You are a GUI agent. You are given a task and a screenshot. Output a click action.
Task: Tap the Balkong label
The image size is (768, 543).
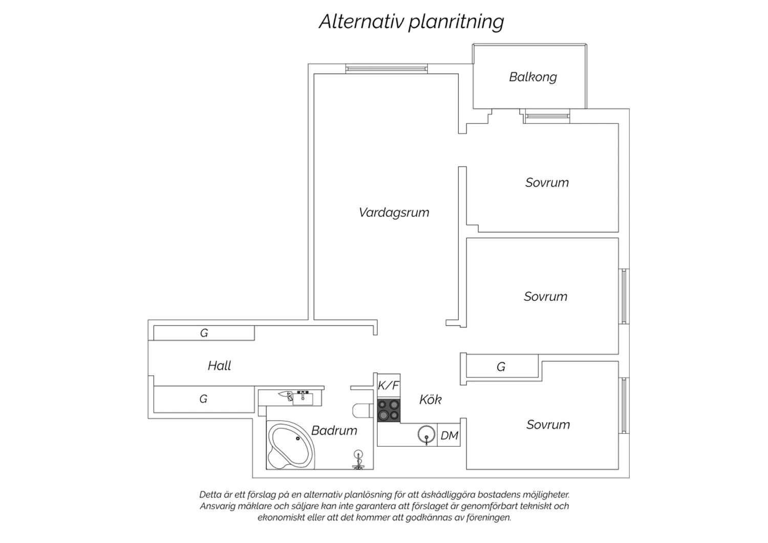coord(533,77)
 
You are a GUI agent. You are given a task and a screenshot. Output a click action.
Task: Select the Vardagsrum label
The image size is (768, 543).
coord(394,213)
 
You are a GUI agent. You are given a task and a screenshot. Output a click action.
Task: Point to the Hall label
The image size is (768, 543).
coord(220,366)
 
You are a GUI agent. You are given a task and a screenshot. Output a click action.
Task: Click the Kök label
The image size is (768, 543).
coord(431,399)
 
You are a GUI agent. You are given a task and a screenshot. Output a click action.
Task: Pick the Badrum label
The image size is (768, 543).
coord(334,430)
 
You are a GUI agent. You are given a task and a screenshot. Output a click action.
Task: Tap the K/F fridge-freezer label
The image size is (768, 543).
coord(389,386)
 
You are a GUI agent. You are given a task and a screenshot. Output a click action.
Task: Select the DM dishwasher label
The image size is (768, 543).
coord(449,435)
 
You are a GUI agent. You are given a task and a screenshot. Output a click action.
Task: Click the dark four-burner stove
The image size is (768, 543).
coord(389,410)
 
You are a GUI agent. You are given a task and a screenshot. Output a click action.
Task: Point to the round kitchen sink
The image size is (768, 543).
coord(426,434)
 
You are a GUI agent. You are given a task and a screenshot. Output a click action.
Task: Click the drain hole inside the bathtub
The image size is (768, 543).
coord(298,438)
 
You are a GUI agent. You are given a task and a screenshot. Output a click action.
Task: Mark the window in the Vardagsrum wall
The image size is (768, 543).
coord(387,69)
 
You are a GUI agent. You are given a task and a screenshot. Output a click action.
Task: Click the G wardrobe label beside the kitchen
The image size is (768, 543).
coord(501,367)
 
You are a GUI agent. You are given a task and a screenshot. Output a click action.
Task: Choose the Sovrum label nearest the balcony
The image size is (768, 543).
coord(547,182)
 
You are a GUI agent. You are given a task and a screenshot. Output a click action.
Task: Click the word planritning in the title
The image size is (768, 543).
coord(456,22)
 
